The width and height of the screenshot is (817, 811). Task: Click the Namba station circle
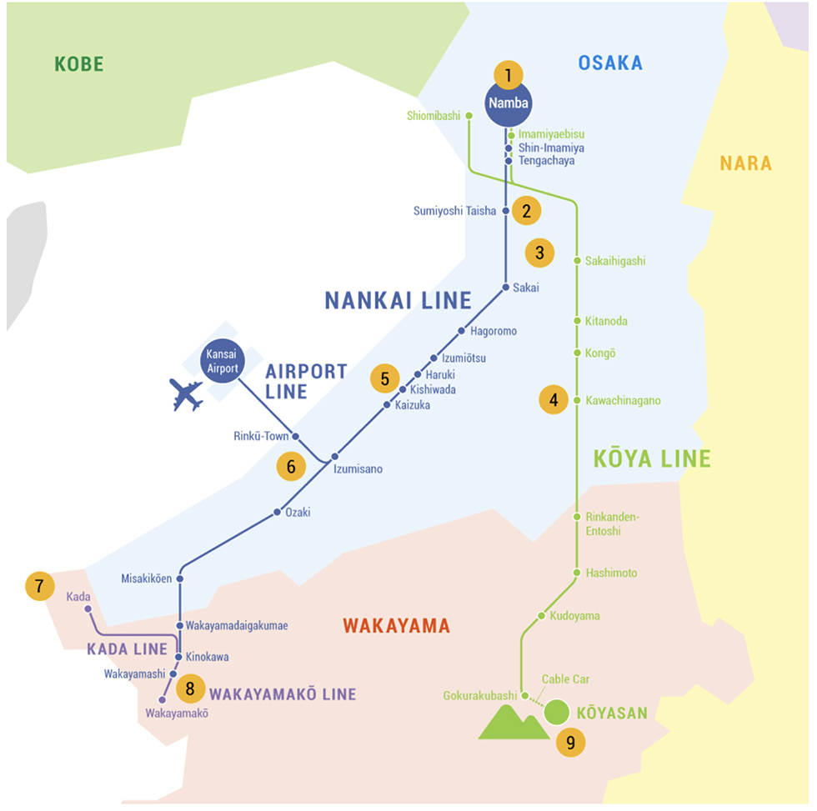508,103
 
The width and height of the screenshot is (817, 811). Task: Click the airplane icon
186,395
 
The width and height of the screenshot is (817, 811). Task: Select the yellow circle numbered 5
385,378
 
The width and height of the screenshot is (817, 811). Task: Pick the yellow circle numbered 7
40,586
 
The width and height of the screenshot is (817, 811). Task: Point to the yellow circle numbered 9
570,743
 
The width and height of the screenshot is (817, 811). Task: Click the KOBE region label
79,64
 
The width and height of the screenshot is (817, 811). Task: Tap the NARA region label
745,163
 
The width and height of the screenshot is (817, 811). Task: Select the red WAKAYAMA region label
396,626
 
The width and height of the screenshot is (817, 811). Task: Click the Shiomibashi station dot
469,116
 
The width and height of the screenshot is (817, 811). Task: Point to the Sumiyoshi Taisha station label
454,211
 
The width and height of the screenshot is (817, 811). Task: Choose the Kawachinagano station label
624,401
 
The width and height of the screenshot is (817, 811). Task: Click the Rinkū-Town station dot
295,436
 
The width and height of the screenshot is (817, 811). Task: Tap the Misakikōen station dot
180,578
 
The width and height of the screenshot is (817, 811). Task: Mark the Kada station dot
88,609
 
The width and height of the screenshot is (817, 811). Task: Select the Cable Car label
565,679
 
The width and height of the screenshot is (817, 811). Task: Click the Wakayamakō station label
177,713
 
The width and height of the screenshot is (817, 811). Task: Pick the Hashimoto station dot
577,573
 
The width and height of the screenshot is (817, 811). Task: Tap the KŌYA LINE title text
652,459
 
